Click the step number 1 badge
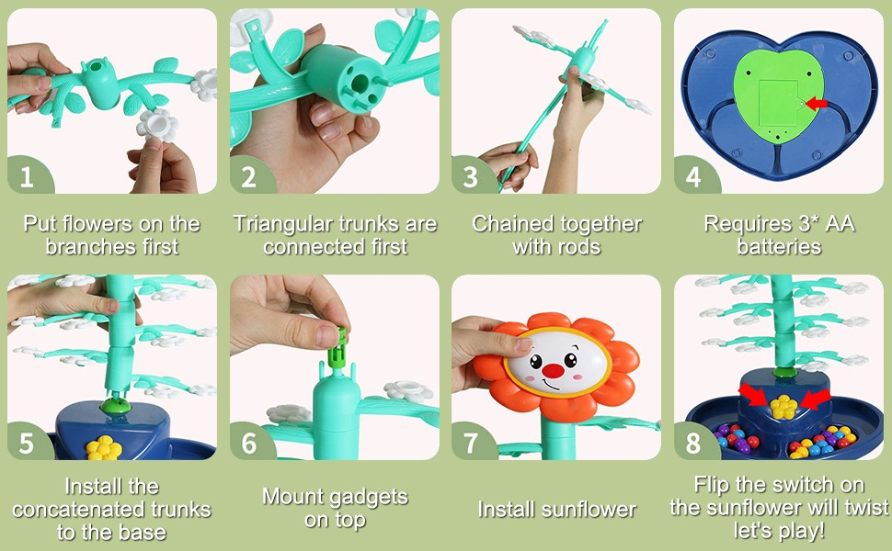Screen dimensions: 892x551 click(29, 176)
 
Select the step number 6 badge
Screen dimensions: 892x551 click(250, 443)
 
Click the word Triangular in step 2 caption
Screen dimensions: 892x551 click(287, 225)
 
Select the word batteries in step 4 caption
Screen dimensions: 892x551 click(779, 246)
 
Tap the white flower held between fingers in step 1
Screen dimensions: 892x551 click(157, 124)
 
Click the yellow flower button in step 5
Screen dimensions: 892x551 click(104, 447)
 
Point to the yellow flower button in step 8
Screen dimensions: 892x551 click(783, 407)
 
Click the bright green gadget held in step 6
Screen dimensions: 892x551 click(339, 347)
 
